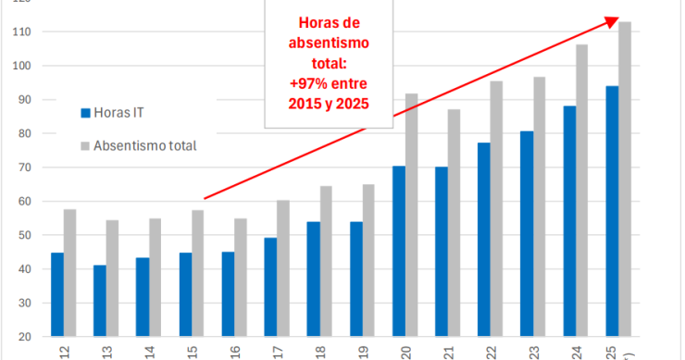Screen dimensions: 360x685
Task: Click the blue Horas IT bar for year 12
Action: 57,294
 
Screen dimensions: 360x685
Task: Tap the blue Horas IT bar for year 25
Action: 612,211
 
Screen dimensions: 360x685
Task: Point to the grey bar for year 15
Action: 198,273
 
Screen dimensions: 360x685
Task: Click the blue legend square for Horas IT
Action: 86,113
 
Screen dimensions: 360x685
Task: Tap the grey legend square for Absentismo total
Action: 86,145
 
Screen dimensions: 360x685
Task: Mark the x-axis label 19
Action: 363,351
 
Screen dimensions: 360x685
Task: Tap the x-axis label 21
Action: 448,351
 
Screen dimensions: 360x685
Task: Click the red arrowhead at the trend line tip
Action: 611,20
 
